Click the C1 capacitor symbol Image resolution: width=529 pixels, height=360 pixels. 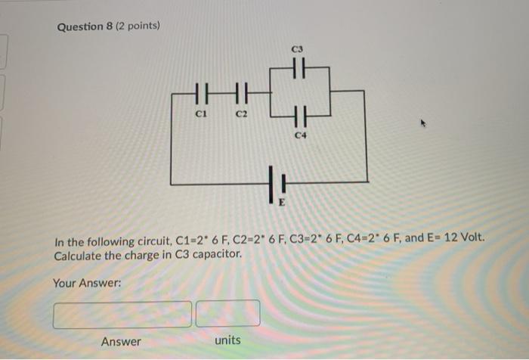(200, 95)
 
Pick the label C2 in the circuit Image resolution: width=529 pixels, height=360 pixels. (242, 114)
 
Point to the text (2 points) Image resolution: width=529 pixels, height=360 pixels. (141, 26)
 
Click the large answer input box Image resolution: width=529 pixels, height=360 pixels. (122, 313)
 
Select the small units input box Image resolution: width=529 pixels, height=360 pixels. (227, 313)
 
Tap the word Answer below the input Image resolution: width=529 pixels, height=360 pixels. (121, 342)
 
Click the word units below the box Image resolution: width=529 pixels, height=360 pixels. (227, 340)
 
